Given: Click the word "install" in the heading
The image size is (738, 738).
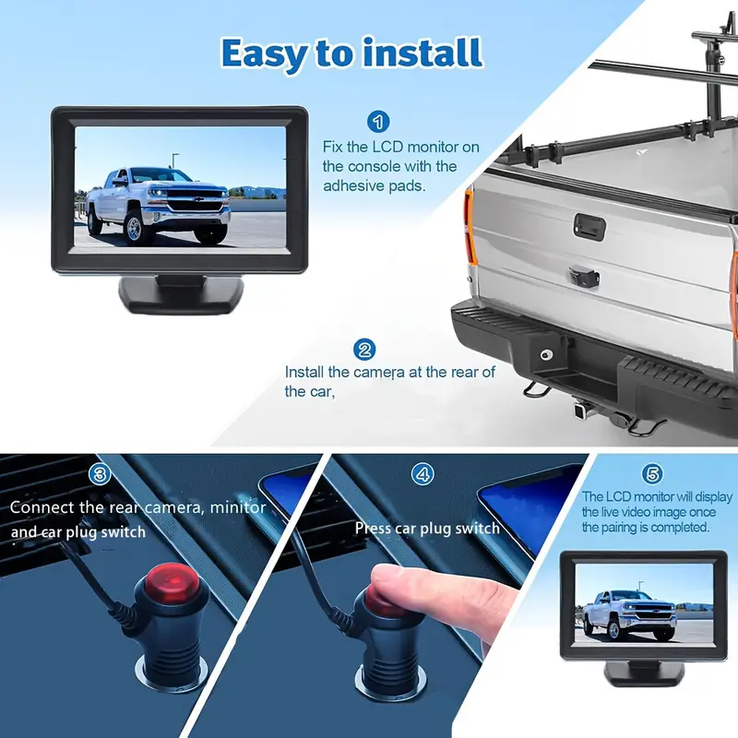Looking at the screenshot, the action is (x=423, y=53).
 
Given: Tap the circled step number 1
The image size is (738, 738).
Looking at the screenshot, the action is (x=378, y=122).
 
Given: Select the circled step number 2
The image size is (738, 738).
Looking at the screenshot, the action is (x=364, y=350).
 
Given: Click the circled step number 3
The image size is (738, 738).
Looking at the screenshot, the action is (x=100, y=474).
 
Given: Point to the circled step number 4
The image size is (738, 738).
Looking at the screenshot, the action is (x=423, y=474).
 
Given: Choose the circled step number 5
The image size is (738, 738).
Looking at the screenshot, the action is (x=652, y=474).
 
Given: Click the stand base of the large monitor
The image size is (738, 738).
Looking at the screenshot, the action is (x=181, y=294).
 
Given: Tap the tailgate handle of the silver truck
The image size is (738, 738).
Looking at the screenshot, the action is (x=589, y=226).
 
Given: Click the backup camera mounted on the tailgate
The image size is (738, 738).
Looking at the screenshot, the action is (x=583, y=278).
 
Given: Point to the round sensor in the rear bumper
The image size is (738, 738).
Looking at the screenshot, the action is (x=546, y=354).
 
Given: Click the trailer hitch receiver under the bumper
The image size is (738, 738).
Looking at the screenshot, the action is (x=580, y=411).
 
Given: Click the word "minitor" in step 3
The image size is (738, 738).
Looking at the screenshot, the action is (x=238, y=507).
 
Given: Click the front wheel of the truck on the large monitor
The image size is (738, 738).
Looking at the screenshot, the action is (x=134, y=229).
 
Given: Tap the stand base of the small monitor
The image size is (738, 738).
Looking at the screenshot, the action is (x=644, y=673).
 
